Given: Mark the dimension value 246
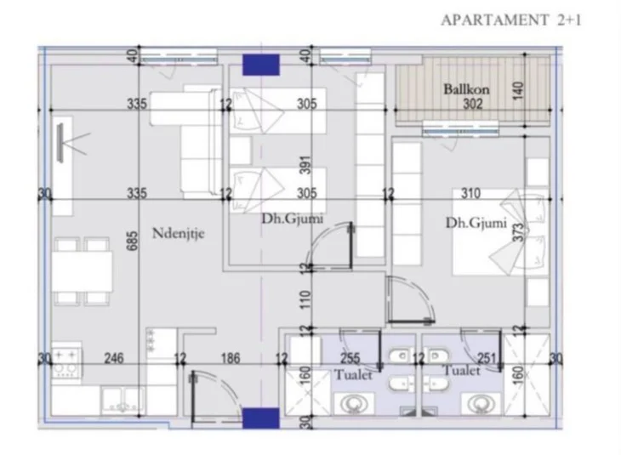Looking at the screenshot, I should point(113,359).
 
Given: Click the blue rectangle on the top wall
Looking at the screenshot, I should point(260,65).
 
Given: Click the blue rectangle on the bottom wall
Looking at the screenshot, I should point(260,418).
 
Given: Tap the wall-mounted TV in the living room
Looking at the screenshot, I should point(63,144).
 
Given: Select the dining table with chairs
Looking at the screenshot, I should point(83,272).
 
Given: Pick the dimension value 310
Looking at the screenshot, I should point(470,194).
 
